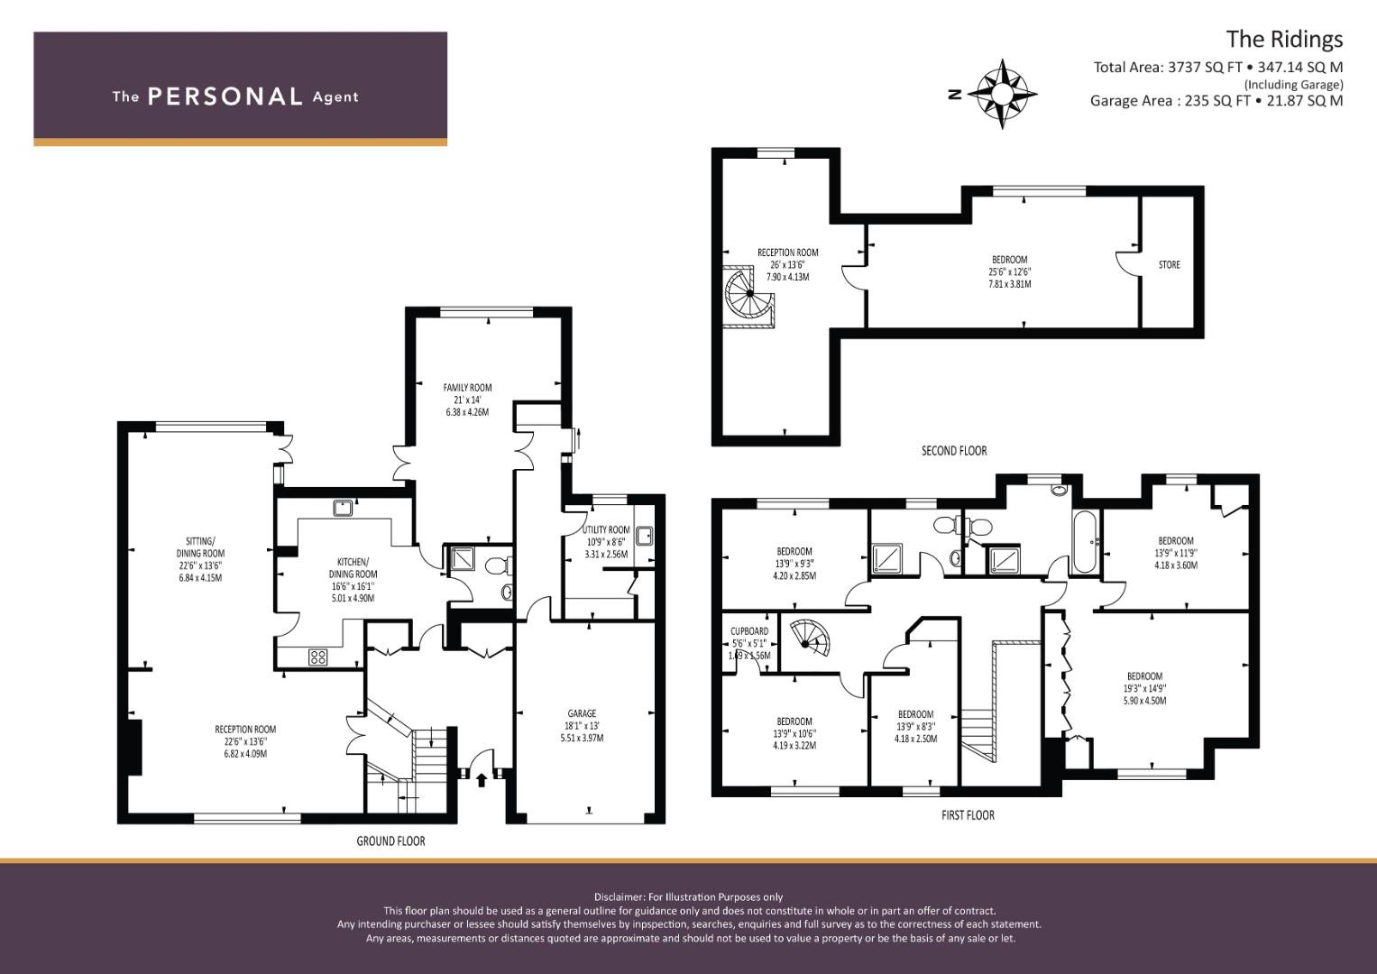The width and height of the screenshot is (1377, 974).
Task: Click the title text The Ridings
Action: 1283,40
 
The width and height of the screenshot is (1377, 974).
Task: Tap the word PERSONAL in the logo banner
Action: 225,96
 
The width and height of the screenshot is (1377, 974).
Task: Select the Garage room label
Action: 581,713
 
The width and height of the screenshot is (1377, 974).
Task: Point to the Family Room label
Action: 467,388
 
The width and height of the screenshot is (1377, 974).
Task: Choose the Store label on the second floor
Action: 1169,264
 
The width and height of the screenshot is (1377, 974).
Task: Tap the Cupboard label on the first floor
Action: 749,631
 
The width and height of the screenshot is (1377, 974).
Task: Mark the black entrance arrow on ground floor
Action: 482,778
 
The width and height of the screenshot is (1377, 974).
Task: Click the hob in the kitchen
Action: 317,657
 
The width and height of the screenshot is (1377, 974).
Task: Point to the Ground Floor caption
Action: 390,841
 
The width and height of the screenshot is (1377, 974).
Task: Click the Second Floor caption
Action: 953,451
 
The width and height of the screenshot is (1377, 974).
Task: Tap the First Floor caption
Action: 968,815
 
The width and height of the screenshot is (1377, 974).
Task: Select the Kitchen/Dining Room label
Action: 353,574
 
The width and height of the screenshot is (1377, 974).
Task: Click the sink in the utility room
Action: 643,536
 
